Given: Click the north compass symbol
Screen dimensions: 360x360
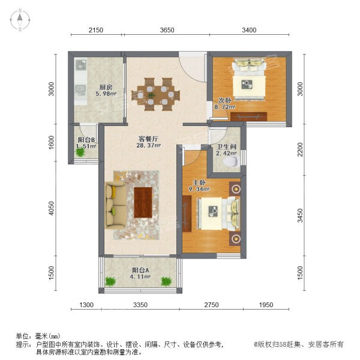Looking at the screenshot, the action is (x=20, y=20).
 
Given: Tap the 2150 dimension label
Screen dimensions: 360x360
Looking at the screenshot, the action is (x=96, y=30).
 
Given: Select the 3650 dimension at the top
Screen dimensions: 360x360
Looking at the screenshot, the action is (x=167, y=30).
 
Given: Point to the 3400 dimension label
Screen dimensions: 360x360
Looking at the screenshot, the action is (x=249, y=30).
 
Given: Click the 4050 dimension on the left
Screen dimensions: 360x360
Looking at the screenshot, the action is (x=52, y=208).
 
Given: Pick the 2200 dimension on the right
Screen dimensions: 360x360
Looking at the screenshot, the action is (x=300, y=149).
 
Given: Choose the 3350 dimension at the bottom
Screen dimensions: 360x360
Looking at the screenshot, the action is (x=140, y=305).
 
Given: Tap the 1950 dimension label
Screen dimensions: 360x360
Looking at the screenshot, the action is (x=266, y=305).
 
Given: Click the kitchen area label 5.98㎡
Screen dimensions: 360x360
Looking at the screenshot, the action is (x=106, y=94).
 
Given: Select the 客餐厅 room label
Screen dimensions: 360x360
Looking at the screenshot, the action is (x=149, y=139).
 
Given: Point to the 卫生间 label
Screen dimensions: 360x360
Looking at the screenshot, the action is (x=227, y=146).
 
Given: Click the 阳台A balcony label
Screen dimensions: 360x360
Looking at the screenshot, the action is (x=140, y=270).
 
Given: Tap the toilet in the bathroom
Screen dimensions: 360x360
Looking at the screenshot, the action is (x=231, y=161).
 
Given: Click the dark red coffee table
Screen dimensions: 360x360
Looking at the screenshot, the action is (x=143, y=202).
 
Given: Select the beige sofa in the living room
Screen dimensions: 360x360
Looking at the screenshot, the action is (x=115, y=205).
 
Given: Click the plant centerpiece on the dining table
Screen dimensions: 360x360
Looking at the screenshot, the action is (x=151, y=95).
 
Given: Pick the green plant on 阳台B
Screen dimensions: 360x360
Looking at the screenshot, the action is (x=80, y=152).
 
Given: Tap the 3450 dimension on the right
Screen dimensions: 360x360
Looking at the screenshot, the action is (x=300, y=215).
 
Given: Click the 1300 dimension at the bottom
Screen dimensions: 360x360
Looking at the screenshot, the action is (x=86, y=305).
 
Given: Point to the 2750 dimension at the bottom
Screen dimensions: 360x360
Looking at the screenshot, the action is (x=211, y=305).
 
